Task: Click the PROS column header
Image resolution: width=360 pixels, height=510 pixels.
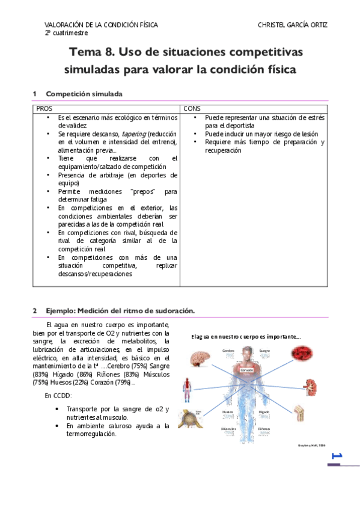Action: point(44,108)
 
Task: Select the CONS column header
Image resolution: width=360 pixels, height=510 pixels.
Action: point(192,108)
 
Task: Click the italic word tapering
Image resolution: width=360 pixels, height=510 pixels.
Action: point(133,134)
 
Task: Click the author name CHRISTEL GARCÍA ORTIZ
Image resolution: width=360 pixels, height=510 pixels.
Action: point(293,25)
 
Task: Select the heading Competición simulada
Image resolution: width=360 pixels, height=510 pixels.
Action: point(84,94)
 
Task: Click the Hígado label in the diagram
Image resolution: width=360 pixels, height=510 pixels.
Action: point(264,412)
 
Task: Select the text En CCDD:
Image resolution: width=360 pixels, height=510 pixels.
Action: point(58,395)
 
